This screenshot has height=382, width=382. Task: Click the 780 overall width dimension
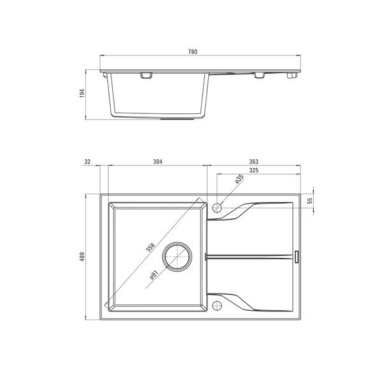(x=193, y=52)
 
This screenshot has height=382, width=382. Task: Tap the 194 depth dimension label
(x=82, y=94)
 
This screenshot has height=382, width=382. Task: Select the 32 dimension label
(x=87, y=162)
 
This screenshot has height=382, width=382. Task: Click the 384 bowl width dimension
(x=158, y=162)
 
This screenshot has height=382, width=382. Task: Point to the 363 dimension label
(x=253, y=162)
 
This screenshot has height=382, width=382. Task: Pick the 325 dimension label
(x=253, y=170)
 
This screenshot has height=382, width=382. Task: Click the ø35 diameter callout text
(x=239, y=178)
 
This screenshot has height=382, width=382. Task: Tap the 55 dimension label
(x=310, y=201)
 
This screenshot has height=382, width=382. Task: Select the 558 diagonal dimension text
(x=150, y=247)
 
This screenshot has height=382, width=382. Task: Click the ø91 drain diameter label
(x=154, y=275)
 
